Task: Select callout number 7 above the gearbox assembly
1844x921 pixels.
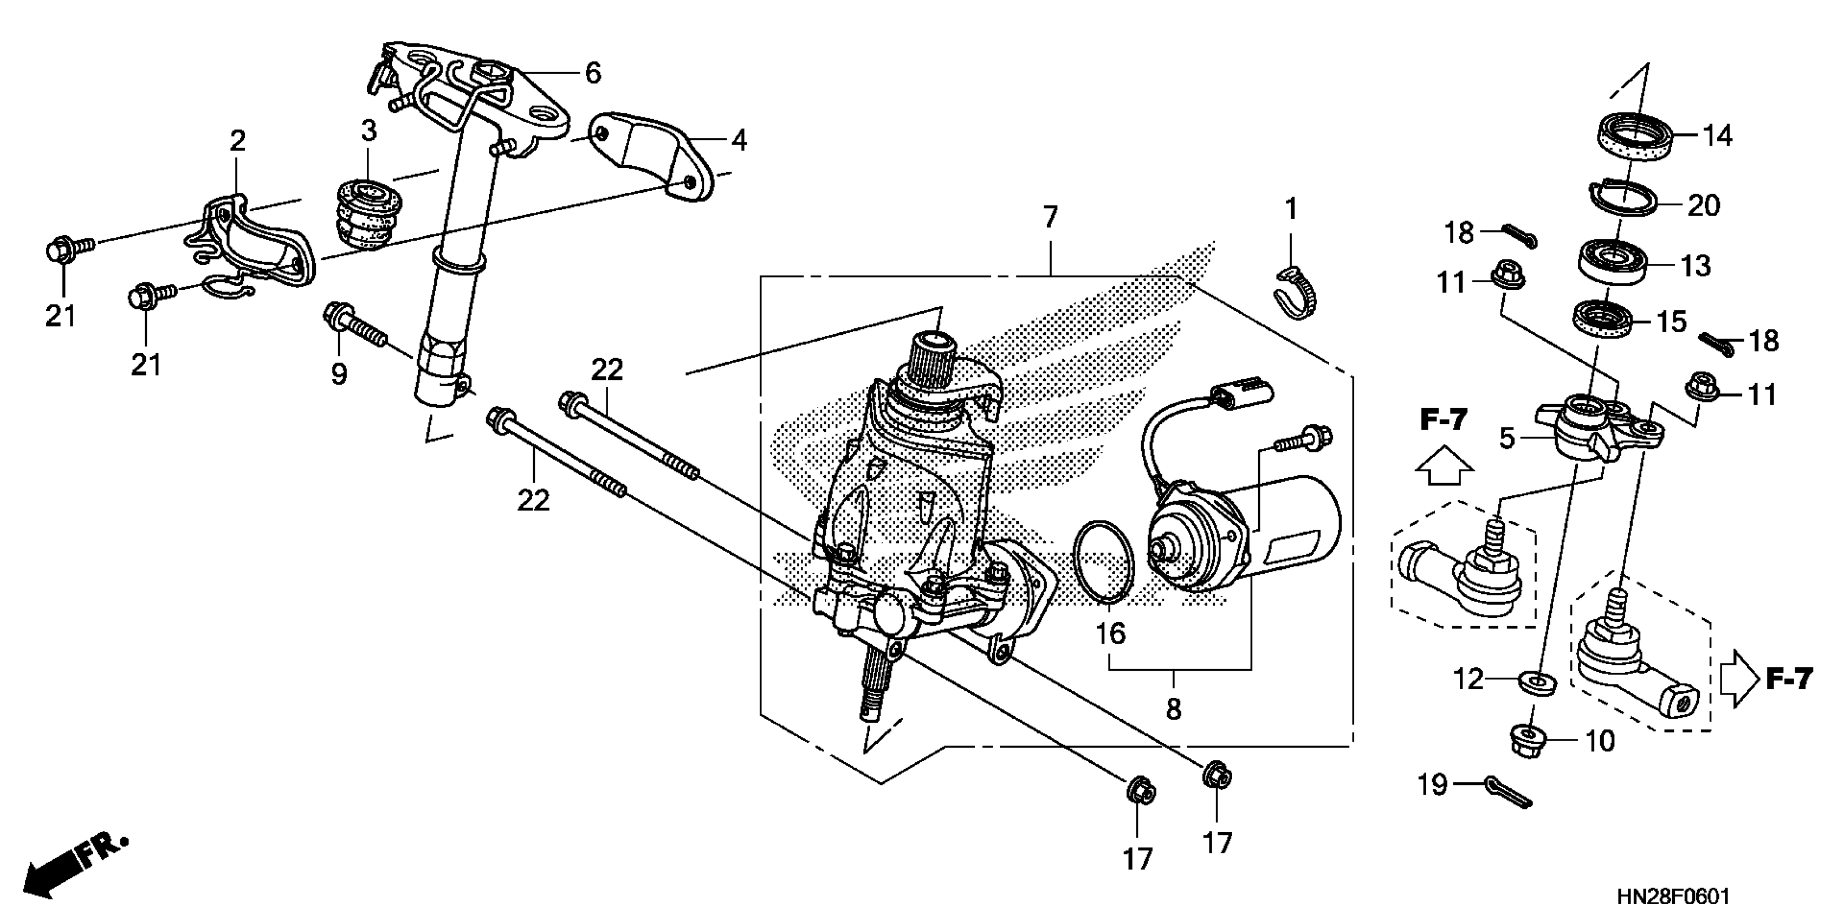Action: tap(1050, 217)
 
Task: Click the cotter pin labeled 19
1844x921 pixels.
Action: tap(1507, 792)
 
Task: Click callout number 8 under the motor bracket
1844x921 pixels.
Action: tap(1173, 709)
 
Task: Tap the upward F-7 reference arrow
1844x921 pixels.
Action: tap(1444, 466)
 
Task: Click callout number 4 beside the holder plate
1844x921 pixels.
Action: tap(739, 141)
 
